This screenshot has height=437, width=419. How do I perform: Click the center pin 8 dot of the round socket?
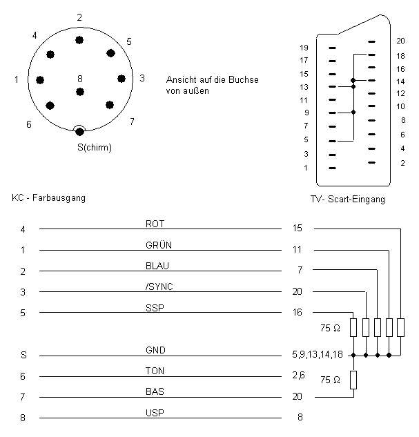point(80,92)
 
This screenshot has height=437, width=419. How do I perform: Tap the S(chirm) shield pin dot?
point(79,132)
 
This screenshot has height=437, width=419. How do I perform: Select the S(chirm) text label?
point(95,147)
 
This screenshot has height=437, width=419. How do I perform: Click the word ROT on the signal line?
point(155,224)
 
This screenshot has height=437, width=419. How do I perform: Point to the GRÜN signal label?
point(159,245)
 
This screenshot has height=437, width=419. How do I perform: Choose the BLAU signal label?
point(157,266)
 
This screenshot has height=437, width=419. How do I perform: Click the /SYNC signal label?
point(159,287)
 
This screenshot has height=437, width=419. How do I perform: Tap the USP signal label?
point(155,413)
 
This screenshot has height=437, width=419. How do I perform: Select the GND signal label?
point(155,350)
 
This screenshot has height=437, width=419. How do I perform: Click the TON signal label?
point(155,371)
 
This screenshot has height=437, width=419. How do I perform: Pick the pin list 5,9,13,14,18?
point(318,355)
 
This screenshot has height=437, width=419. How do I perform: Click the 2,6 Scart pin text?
point(298,376)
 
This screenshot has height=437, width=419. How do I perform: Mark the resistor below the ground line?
point(353,380)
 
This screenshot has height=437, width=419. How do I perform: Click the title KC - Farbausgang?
point(48,198)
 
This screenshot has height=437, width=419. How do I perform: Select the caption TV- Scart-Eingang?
point(348,200)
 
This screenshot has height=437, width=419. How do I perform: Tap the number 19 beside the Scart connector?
point(304,48)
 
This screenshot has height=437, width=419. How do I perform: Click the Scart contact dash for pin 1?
point(332,168)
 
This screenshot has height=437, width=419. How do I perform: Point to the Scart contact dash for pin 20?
point(371,42)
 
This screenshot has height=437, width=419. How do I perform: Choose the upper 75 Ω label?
point(330,328)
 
